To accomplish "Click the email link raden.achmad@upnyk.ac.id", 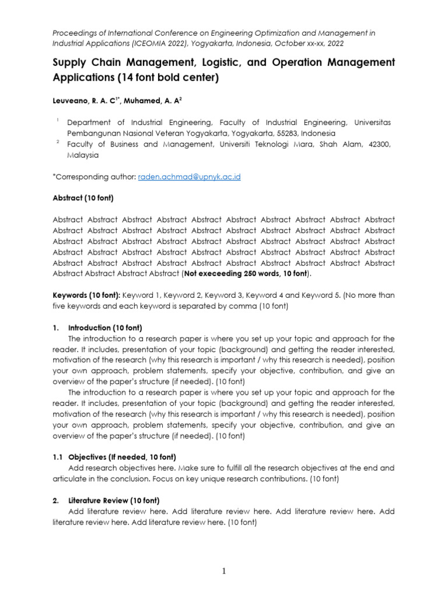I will click(190, 177).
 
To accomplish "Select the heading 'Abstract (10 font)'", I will click(83, 199).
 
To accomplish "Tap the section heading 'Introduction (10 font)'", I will click(105, 328).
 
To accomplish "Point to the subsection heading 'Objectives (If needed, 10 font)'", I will click(122, 457).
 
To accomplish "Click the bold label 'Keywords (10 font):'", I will click(86, 295).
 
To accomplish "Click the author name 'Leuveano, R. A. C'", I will click(86, 100).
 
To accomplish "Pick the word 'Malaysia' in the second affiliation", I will click(83, 155).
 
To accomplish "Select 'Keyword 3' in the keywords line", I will click(226, 295).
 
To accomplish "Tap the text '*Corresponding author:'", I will click(94, 177).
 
